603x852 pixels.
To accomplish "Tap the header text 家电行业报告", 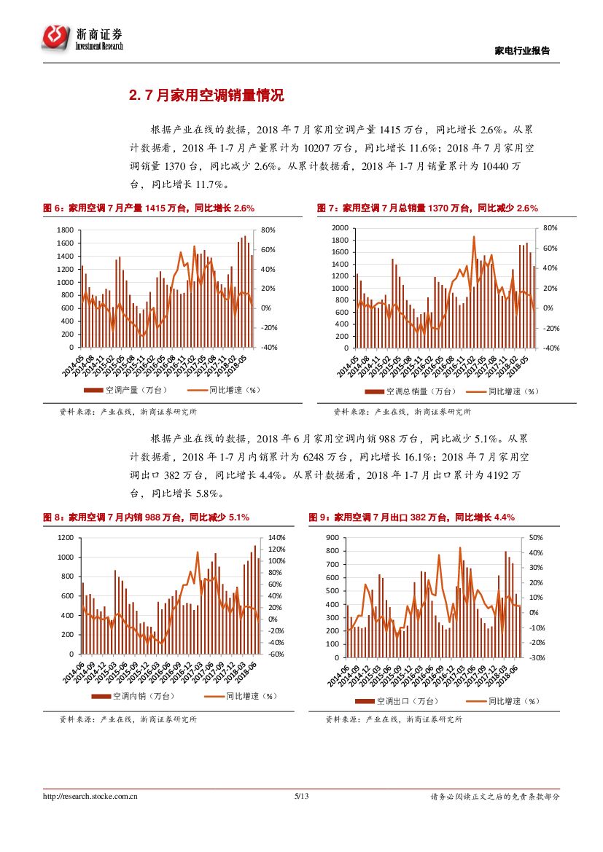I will pos(522,50).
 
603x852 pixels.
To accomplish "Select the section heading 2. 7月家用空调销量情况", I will pos(206,95).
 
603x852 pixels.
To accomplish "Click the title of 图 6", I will pos(149,208).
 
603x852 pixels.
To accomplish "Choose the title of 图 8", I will pos(146,517).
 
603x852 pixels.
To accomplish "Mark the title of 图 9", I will pos(412,517).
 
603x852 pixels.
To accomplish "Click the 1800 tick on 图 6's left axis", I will pos(64,230).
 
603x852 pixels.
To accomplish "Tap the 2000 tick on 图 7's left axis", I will pos(341,228).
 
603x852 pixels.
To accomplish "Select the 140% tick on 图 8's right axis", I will pos(277,537).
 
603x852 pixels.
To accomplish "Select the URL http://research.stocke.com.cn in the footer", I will pos(90,797).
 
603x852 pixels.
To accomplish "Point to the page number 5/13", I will pos(301,797).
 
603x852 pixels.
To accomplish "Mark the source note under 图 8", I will pos(128,720).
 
